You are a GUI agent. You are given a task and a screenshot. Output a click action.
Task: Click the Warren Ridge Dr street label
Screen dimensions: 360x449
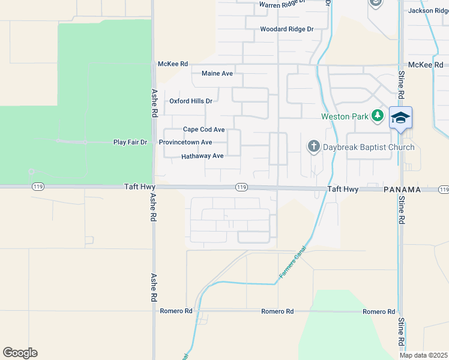pyautogui.click(x=282, y=5)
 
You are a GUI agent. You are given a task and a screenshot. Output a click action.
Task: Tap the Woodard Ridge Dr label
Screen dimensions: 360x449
pyautogui.click(x=287, y=29)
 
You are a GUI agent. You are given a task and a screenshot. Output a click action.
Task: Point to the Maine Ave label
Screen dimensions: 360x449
pyautogui.click(x=217, y=74)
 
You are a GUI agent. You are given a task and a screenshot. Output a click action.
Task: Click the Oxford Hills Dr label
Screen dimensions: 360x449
pyautogui.click(x=191, y=101)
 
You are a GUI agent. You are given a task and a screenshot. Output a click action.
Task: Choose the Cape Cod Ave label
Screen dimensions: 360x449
pyautogui.click(x=203, y=130)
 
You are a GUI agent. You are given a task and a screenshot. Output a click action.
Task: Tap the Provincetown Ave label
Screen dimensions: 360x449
pyautogui.click(x=185, y=143)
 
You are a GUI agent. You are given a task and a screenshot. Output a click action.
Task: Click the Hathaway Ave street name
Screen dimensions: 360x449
pyautogui.click(x=202, y=156)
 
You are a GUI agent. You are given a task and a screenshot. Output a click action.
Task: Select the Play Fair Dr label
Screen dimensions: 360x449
pyautogui.click(x=130, y=143)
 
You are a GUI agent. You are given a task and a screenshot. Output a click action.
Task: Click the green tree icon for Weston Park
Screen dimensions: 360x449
pyautogui.click(x=378, y=115)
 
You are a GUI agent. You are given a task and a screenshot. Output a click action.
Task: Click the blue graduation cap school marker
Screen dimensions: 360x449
pyautogui.click(x=400, y=117)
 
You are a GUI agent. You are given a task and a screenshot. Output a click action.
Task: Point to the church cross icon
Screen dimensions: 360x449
pyautogui.click(x=313, y=146)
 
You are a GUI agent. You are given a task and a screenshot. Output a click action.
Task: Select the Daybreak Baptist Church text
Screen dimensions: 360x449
pyautogui.click(x=369, y=148)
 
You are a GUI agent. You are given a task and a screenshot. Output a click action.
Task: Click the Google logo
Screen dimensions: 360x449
pyautogui.click(x=20, y=353)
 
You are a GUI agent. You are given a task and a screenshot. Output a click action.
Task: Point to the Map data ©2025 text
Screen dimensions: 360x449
pyautogui.click(x=424, y=355)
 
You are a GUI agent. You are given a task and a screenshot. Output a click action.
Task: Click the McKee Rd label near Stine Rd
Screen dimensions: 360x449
pyautogui.click(x=425, y=65)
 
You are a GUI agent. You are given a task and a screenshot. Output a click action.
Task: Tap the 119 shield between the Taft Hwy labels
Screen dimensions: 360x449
pyautogui.click(x=241, y=187)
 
